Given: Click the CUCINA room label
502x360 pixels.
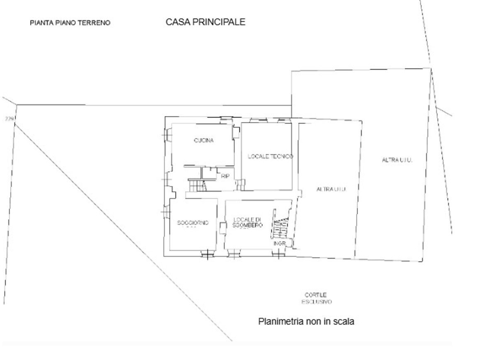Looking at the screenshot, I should click(x=203, y=141).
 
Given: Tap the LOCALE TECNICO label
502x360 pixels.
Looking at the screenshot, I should click(x=270, y=156).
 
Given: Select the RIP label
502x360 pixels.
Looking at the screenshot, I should click(x=225, y=176).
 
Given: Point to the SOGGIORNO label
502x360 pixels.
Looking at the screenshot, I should click(x=193, y=223).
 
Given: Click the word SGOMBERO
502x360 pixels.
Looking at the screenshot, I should click(x=248, y=225).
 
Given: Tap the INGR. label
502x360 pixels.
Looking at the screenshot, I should click(x=280, y=243).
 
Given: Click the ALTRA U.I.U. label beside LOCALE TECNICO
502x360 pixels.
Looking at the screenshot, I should click(x=331, y=189).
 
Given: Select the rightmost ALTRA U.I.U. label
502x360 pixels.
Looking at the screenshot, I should click(x=397, y=160).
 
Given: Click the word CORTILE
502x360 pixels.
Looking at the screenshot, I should click(x=315, y=295).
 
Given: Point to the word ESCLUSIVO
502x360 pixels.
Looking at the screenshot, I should click(x=317, y=302).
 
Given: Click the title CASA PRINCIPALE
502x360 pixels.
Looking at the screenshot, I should click(x=205, y=22).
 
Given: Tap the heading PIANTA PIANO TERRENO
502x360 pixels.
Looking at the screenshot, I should click(x=70, y=23).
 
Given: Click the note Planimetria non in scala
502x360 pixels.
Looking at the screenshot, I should click(x=306, y=321).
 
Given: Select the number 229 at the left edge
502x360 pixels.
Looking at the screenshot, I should click(x=9, y=119).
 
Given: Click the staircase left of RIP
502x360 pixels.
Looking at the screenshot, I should click(x=197, y=185).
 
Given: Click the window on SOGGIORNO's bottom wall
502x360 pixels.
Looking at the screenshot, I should click(x=206, y=253).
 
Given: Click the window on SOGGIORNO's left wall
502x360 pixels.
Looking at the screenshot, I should click(x=166, y=211).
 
